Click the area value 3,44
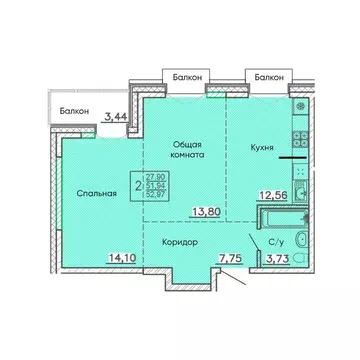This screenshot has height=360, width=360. pyautogui.click(x=116, y=117)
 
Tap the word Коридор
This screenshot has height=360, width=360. pyautogui.click(x=177, y=242)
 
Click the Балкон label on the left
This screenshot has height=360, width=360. pyautogui.click(x=72, y=111)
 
